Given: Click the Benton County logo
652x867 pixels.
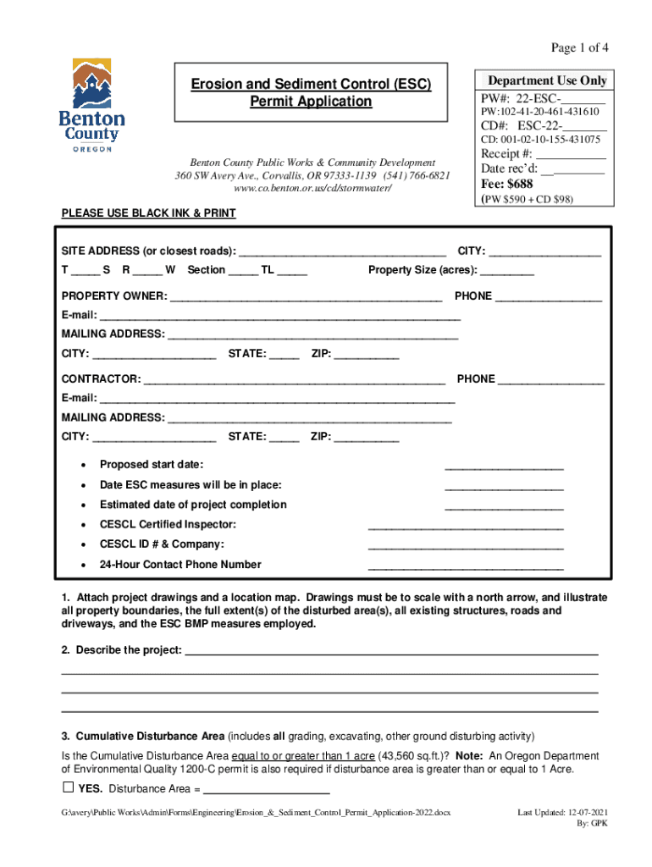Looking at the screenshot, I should click(x=91, y=104).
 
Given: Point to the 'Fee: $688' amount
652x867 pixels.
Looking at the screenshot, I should click(x=506, y=185).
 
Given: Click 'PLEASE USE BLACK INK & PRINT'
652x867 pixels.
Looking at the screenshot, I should click(x=148, y=213).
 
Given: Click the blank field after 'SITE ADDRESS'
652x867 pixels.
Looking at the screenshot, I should click(x=343, y=252).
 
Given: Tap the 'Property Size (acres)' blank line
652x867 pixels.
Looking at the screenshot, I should click(x=507, y=271).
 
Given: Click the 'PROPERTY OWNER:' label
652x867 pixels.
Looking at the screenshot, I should click(x=113, y=297).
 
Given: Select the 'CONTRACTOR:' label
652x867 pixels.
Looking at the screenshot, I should click(x=101, y=378).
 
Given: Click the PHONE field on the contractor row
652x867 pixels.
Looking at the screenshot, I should click(x=550, y=380).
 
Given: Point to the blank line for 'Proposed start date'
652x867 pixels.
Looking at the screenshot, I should click(x=504, y=467).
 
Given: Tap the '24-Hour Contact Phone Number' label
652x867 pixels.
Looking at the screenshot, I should click(x=180, y=565).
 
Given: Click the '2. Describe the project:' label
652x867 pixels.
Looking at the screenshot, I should click(x=121, y=650).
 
